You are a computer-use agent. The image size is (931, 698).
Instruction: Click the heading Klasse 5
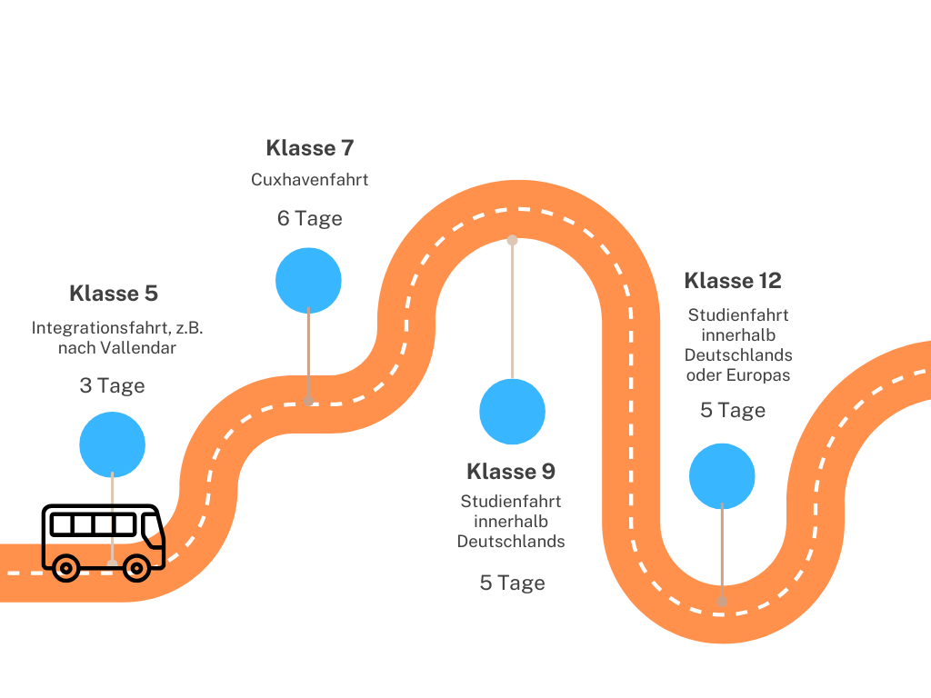coord(113,294)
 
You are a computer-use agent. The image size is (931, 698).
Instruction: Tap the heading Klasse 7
coord(309,147)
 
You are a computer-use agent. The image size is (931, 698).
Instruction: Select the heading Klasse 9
coord(510,472)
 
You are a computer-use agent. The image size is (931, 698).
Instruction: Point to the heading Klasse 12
coord(732,280)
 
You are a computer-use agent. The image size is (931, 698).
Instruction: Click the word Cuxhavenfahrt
coord(309,180)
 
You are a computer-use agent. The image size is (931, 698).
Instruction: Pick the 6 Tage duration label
coord(309,218)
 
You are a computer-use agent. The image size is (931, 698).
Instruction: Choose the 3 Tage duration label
coord(112,385)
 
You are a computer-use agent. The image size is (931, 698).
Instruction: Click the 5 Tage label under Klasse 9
coord(512,583)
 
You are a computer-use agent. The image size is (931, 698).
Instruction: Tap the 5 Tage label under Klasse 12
coord(732,410)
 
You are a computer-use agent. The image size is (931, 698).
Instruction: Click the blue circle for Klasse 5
coord(112,444)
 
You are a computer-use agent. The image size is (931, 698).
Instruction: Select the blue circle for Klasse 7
coord(308,280)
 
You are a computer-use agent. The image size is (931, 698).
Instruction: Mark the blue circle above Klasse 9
coord(512,412)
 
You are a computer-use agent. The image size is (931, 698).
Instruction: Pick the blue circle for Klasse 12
coord(722,476)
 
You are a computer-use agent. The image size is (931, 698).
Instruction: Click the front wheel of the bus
coord(136,568)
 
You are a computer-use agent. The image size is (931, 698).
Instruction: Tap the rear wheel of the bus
coord(65,568)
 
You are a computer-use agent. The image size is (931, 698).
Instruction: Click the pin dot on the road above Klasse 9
coord(512,240)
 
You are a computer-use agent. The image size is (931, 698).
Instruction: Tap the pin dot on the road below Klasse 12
coord(722,601)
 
